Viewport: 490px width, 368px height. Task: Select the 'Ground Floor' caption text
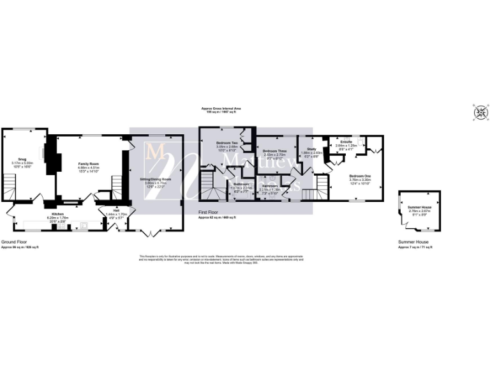click(13, 242)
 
